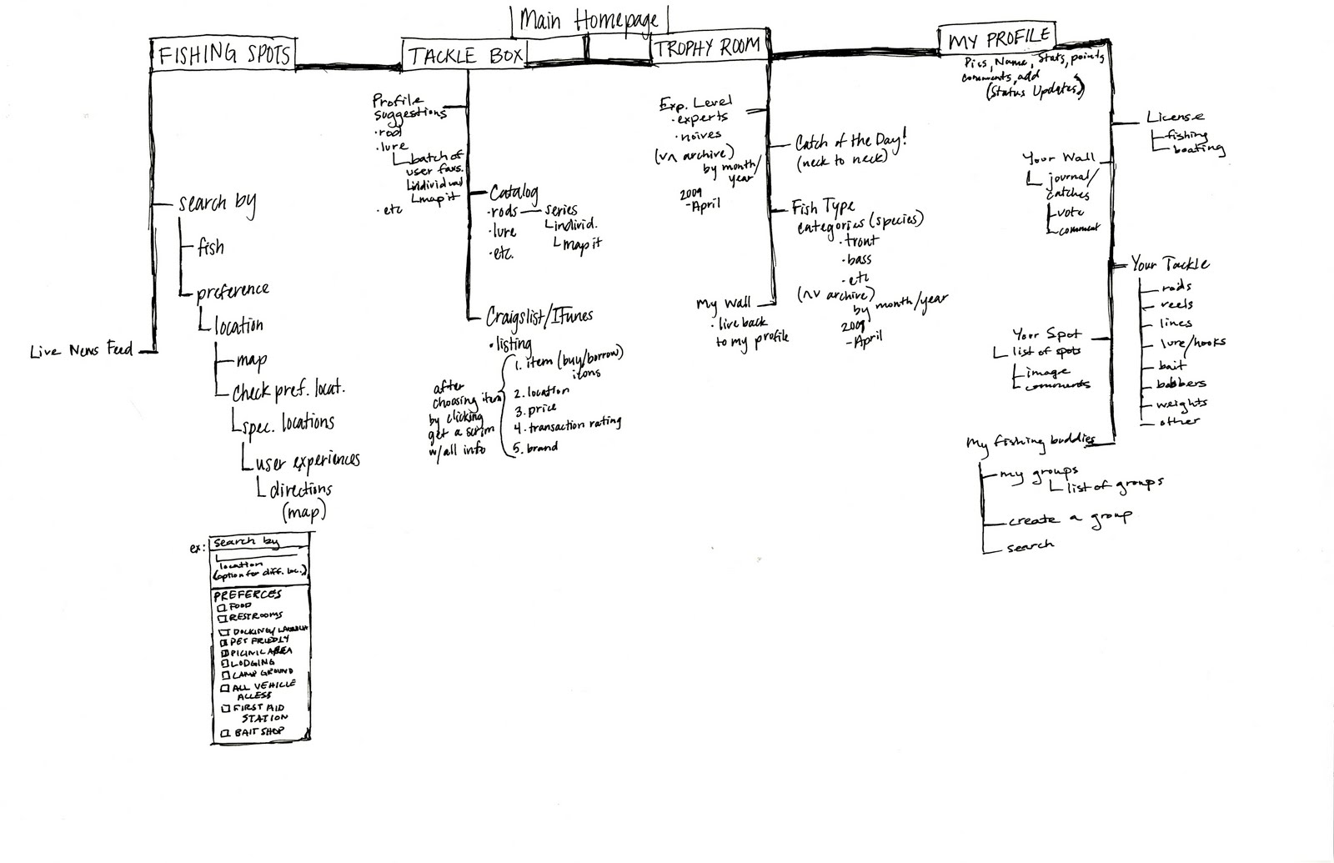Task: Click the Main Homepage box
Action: tap(589, 21)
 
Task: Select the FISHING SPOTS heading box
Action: tap(224, 54)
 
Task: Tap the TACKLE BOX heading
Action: tap(465, 56)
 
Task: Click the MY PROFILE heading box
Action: tap(998, 39)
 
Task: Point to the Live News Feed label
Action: tap(81, 351)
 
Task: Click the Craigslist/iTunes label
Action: tap(540, 316)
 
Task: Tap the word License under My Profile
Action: tap(1175, 118)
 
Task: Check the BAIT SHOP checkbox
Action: tap(223, 733)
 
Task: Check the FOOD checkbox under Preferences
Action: tap(222, 607)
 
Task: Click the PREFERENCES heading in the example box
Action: tap(248, 595)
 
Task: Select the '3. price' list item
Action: tap(535, 410)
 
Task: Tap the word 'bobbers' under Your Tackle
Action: tap(1181, 384)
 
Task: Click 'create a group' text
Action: tap(1069, 519)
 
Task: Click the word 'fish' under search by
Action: tap(210, 248)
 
